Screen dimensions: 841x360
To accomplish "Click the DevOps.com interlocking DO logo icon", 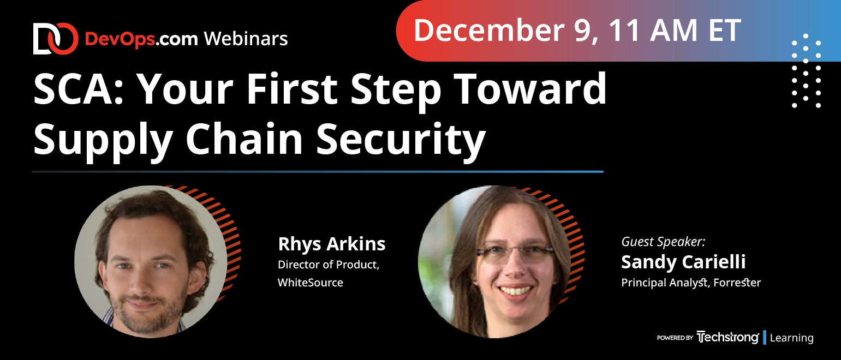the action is point(56,39).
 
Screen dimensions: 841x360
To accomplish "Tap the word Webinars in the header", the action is point(246,39).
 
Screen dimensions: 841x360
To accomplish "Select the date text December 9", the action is point(505,31).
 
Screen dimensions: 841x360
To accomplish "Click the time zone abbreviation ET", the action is point(725,31).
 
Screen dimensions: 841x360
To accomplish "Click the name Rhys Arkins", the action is point(331,244).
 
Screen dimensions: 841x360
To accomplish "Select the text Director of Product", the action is point(328,265).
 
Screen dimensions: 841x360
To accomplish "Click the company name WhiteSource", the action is point(310,283).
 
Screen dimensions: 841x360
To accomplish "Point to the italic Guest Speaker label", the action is point(663,242).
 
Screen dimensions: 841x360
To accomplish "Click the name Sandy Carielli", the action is point(683,262).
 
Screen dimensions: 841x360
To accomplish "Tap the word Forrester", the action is point(737,283).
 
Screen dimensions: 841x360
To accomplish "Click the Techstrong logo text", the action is point(727,338).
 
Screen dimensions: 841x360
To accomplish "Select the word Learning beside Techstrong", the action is point(791,338).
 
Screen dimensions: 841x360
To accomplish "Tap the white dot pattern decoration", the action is point(806,71).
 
